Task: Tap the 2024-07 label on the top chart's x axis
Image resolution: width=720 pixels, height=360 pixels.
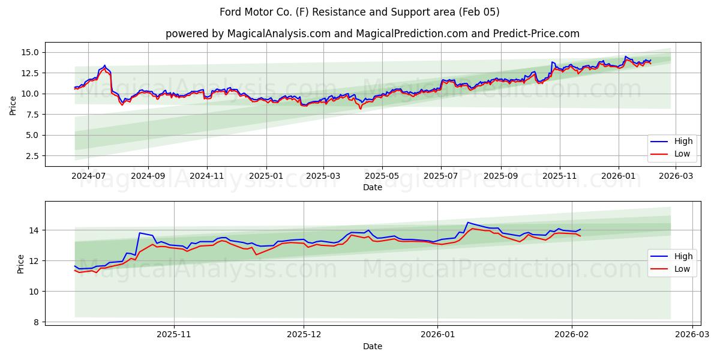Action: pyautogui.click(x=88, y=176)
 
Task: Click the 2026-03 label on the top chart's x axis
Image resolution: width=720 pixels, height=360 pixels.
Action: pyautogui.click(x=676, y=176)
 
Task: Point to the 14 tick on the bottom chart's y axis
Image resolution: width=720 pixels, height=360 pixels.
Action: pyautogui.click(x=34, y=230)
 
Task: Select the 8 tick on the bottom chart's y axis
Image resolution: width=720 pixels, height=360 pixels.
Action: pyautogui.click(x=37, y=322)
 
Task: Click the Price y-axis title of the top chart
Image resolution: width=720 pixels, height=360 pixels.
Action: pyautogui.click(x=13, y=105)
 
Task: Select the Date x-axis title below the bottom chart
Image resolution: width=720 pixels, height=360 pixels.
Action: pyautogui.click(x=373, y=346)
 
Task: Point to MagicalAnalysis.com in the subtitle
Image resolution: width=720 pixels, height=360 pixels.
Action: pyautogui.click(x=278, y=34)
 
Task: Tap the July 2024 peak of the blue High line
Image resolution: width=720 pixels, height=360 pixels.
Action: pyautogui.click(x=104, y=65)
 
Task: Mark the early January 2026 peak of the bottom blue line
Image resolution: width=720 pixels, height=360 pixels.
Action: pyautogui.click(x=468, y=223)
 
